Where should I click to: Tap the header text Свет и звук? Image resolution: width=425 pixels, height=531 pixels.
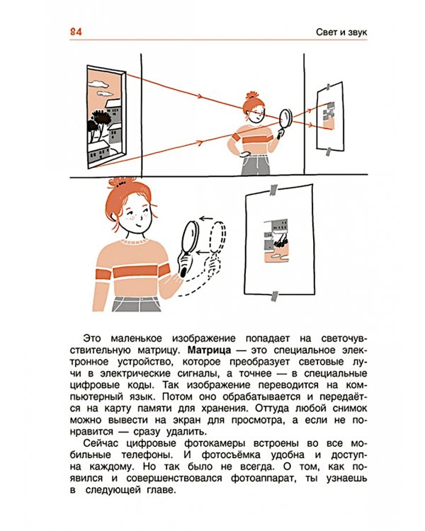tap(341, 32)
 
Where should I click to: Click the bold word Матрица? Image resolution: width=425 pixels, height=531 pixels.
tap(210, 350)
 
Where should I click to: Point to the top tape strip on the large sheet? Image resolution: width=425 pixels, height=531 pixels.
tap(273, 190)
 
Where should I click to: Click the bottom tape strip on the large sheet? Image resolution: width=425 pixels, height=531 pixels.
tap(275, 296)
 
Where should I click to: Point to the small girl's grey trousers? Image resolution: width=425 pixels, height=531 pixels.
tap(254, 165)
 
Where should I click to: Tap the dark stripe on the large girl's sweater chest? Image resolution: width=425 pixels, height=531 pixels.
tap(137, 272)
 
